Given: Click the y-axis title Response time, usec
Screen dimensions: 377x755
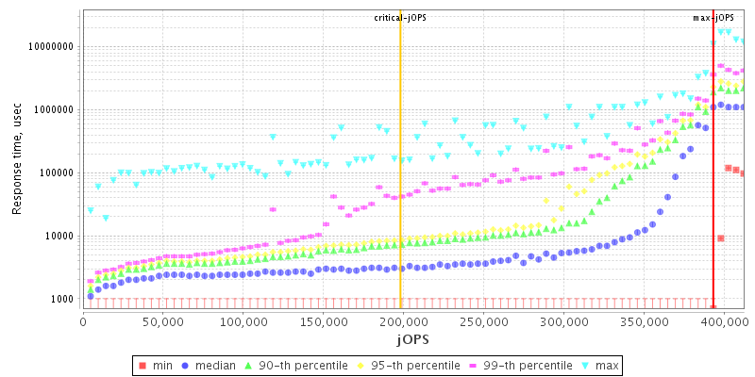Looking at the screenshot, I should (17, 158).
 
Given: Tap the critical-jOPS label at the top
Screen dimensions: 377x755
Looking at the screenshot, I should (400, 18).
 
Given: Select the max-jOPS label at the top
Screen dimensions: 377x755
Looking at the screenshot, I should (713, 18).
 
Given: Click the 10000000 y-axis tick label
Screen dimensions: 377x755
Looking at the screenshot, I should (49, 46).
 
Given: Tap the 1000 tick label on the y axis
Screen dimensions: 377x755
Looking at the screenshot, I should (62, 300).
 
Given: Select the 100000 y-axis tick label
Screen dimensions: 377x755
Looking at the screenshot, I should (56, 173).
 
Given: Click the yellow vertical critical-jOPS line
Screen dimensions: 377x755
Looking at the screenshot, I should (400, 188).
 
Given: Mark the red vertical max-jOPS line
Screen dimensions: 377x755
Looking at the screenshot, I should (713, 188).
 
